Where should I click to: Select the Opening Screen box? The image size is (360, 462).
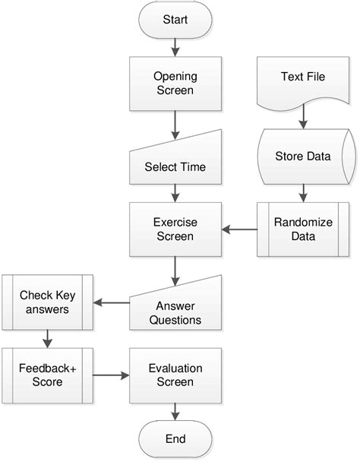(175, 83)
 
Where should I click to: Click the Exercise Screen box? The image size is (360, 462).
(175, 229)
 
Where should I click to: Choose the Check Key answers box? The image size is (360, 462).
(47, 302)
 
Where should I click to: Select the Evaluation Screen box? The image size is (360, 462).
(175, 375)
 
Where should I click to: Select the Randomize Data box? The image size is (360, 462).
(303, 228)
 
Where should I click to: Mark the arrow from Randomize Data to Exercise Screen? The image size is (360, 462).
(238, 229)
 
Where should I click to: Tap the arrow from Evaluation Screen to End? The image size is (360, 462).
(175, 411)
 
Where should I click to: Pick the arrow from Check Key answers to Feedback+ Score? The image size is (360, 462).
(47, 337)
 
